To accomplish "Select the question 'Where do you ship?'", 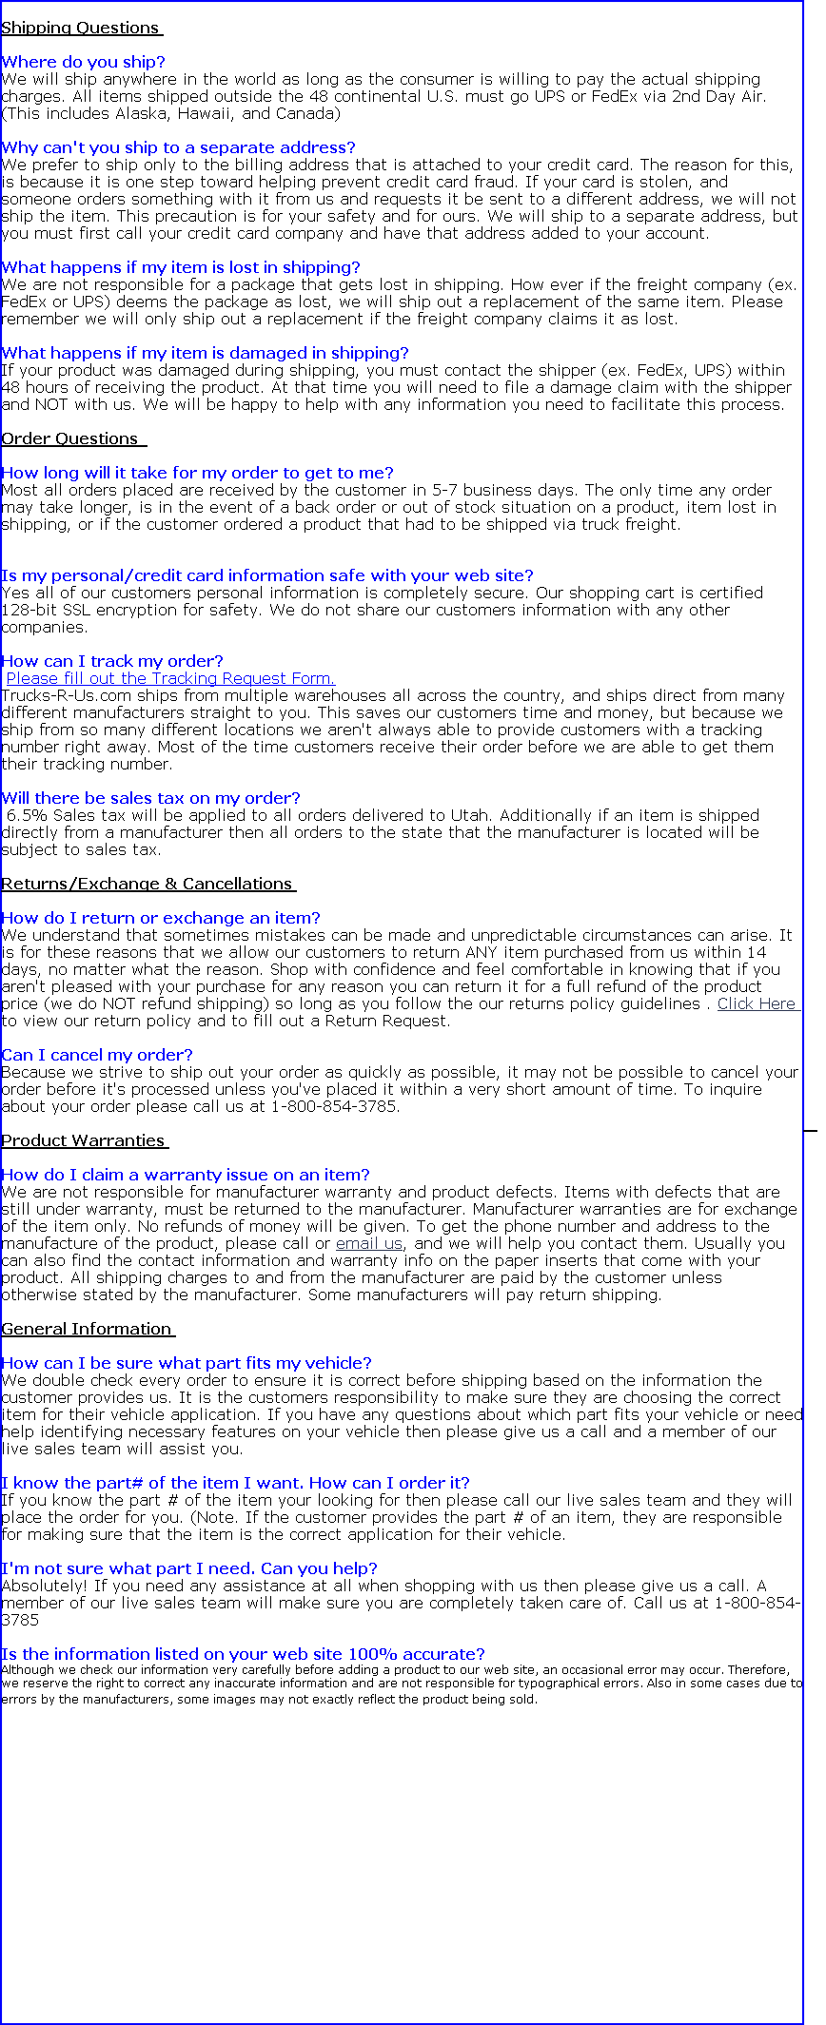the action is point(83,62).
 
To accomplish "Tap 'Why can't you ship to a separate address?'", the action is point(178,147).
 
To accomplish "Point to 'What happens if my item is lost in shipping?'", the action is point(181,267).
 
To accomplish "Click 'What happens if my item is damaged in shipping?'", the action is point(205,353).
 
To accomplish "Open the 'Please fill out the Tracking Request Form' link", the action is point(171,678).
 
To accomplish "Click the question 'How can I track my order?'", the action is point(112,661).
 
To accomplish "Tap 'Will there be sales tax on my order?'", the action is point(150,798).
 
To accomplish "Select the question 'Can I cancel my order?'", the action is point(97,1055).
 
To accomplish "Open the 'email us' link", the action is point(369,1243).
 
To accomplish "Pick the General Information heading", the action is point(87,1329).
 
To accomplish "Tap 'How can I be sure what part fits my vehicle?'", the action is point(187,1363).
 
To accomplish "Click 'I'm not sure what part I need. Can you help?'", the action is point(189,1568).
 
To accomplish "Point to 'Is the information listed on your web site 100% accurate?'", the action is point(243,1654).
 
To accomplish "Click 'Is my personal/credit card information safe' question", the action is point(267,575).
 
